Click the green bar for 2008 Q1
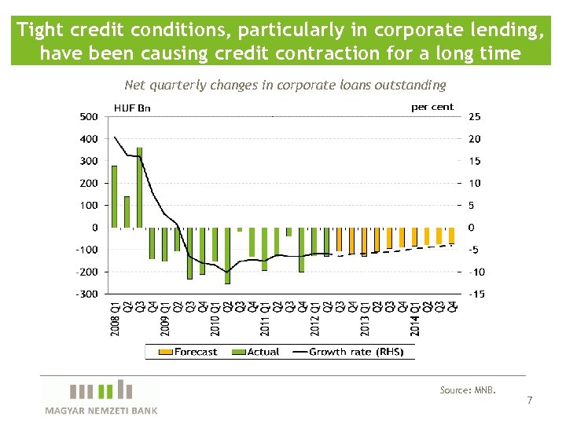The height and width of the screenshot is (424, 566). [115, 196]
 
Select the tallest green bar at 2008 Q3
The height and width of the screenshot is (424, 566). [139, 188]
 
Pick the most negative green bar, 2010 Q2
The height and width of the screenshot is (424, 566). [227, 255]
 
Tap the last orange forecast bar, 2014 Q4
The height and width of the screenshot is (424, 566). [452, 236]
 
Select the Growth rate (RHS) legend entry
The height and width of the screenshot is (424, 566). [347, 352]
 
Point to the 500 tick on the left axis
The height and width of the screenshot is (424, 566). [89, 117]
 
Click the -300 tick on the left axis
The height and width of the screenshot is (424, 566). [87, 294]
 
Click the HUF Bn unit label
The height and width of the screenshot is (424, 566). [132, 108]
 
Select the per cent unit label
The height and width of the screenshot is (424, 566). [432, 107]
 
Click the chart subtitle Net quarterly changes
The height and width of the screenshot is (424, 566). [285, 85]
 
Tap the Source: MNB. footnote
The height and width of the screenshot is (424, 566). [468, 390]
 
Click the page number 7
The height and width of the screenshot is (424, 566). [529, 400]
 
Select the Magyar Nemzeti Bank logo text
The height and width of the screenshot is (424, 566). [101, 411]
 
